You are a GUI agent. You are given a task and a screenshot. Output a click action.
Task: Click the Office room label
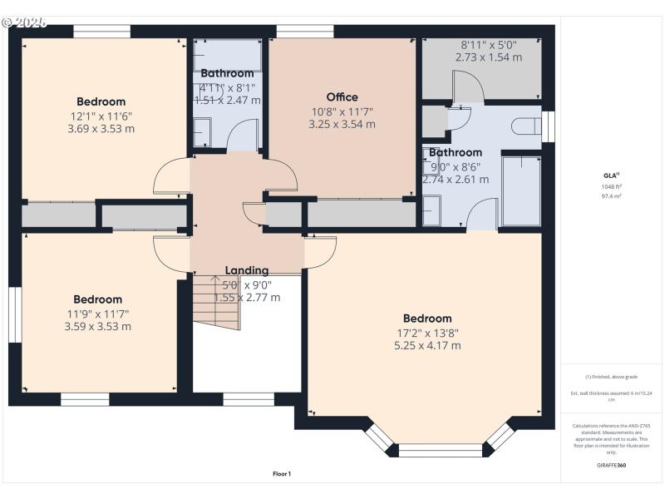point(342,97)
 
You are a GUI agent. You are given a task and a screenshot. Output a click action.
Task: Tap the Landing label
point(247,270)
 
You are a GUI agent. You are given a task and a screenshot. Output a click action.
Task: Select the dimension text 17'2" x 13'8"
point(427,333)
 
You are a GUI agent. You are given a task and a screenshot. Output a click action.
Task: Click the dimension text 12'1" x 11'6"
point(101,116)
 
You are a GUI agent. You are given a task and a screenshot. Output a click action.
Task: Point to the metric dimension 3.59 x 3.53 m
point(97,327)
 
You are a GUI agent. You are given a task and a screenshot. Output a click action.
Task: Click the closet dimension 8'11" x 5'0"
point(488,45)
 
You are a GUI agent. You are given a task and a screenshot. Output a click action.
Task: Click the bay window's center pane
point(440,450)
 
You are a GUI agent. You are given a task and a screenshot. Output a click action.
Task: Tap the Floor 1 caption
point(282,474)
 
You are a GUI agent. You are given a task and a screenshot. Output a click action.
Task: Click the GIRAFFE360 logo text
point(611,465)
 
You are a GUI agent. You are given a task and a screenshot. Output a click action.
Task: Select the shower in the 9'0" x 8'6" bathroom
point(521,190)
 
